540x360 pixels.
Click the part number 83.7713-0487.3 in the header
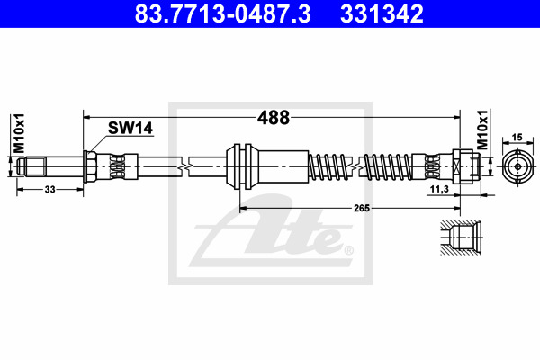[222, 13]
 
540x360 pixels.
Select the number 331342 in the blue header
[382, 13]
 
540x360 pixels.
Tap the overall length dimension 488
[274, 118]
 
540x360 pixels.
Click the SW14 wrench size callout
[130, 128]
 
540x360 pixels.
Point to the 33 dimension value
[49, 189]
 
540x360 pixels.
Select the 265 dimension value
[362, 208]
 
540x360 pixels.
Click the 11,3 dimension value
[439, 189]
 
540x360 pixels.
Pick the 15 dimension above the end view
[517, 137]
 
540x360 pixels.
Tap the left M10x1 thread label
[19, 133]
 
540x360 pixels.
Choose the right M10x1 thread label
[482, 130]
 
